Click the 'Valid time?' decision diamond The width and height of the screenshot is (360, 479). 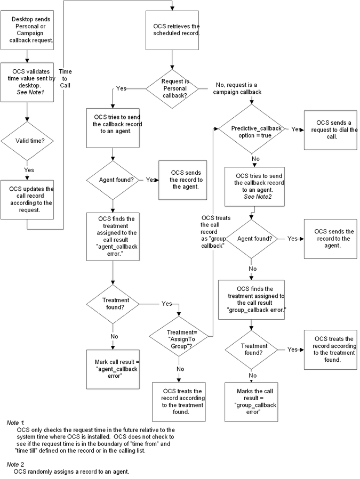point(27,141)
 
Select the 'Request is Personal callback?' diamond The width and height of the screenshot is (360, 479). point(172,88)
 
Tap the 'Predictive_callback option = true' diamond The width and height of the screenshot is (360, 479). point(252,129)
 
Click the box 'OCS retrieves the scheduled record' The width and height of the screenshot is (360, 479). point(172,30)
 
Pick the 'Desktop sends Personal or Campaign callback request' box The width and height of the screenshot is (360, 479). point(27,30)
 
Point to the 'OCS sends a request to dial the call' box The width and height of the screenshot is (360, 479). point(330,130)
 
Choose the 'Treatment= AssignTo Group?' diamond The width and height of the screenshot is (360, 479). point(179,336)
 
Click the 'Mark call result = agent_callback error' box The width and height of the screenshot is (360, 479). point(113,369)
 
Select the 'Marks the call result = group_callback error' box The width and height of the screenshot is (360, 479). point(251,402)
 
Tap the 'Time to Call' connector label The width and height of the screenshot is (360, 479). point(65,78)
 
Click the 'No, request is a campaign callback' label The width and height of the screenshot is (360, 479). point(237,88)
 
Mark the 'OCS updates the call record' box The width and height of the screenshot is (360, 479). point(27,200)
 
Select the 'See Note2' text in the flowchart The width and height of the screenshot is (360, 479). point(258,197)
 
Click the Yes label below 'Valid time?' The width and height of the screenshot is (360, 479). point(29,170)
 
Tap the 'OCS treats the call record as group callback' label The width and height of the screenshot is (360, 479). point(214,232)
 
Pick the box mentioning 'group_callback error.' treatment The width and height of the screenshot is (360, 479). point(251,299)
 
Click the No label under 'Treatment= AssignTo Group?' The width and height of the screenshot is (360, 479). point(180,369)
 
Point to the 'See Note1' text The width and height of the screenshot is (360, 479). point(30,92)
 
